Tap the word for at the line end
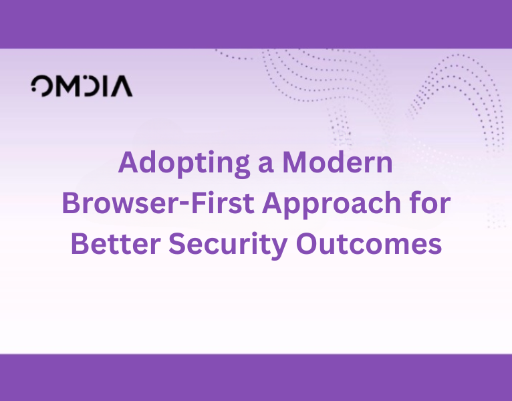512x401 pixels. click(428, 204)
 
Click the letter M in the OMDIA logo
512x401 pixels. click(65, 86)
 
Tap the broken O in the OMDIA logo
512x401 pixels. click(40, 86)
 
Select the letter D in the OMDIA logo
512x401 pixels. click(91, 86)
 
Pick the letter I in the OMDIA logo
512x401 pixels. click(107, 86)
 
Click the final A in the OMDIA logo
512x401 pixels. click(122, 86)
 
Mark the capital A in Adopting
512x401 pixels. click(129, 164)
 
